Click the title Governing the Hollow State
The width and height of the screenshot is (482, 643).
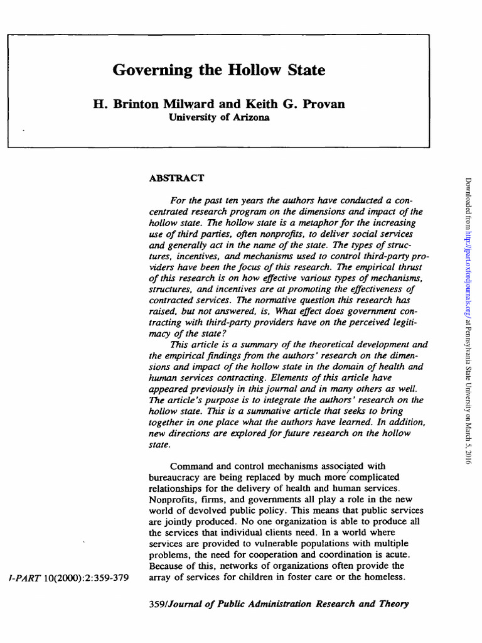(218, 70)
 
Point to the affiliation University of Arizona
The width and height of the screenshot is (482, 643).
(218, 117)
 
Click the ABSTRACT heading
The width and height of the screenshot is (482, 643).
(176, 178)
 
